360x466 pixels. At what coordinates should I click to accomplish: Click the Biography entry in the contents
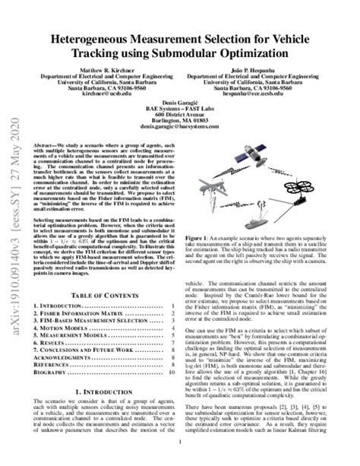click(x=47, y=395)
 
